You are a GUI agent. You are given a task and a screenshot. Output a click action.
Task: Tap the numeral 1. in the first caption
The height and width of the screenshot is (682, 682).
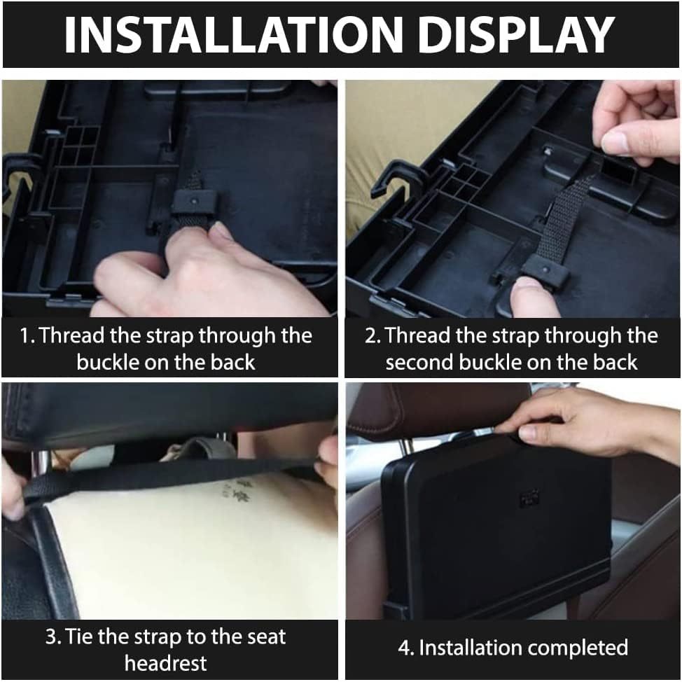[27, 335]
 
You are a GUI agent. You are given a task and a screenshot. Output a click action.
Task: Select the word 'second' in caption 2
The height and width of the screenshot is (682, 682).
[419, 362]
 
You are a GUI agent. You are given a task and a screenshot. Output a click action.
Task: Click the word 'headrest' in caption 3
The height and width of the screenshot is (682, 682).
[166, 662]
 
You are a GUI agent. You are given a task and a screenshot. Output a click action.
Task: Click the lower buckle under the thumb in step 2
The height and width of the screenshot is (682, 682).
[544, 270]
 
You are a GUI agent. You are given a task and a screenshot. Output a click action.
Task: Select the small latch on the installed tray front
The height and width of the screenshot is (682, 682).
[529, 499]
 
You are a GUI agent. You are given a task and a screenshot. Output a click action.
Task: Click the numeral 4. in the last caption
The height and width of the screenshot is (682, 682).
[405, 648]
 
